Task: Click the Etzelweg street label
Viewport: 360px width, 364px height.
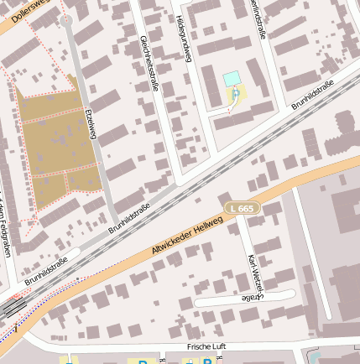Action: (91, 124)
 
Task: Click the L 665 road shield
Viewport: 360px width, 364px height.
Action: (242, 207)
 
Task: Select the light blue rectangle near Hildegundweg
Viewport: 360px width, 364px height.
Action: (232, 78)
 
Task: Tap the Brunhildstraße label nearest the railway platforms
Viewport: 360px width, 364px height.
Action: (45, 273)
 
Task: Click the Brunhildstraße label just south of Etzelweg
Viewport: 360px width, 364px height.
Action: (129, 217)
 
